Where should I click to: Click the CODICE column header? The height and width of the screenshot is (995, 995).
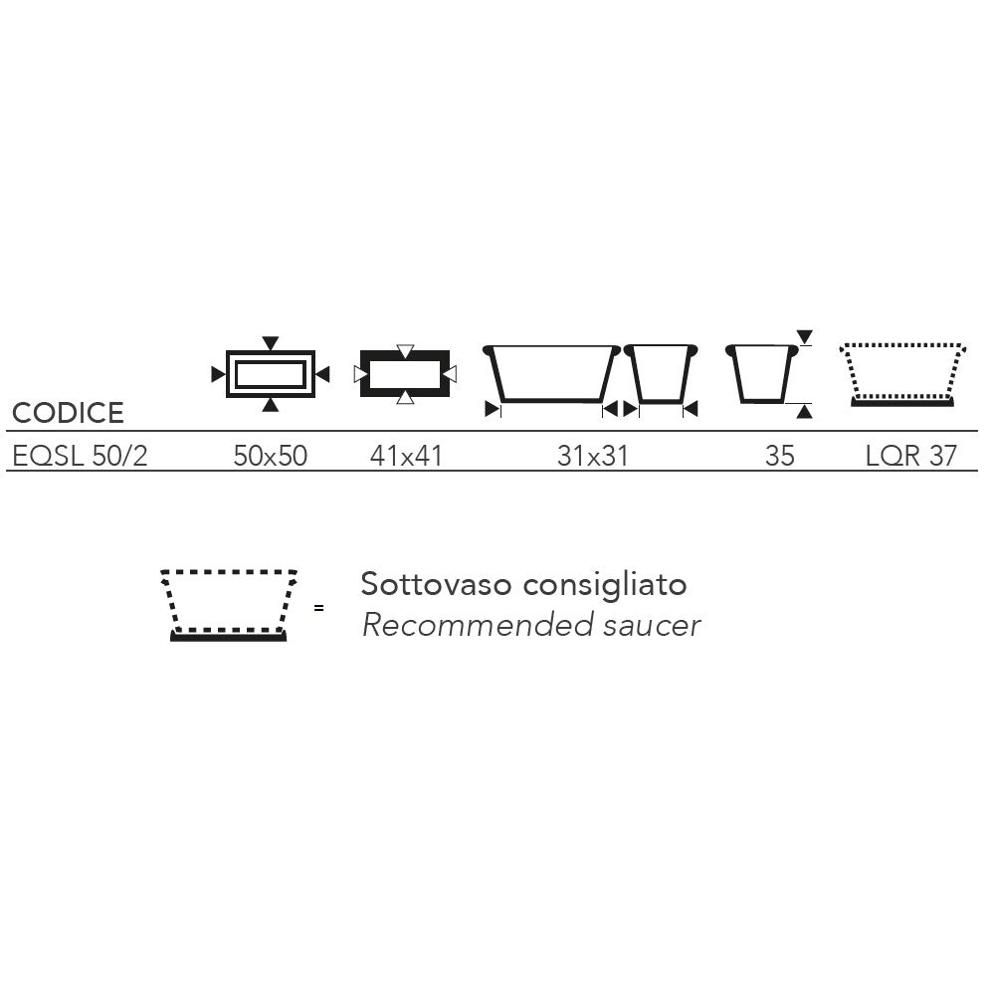[68, 413]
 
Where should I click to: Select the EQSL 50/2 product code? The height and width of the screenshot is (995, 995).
[80, 456]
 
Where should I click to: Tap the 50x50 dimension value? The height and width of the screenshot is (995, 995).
[271, 456]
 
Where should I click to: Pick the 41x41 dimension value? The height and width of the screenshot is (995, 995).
[406, 456]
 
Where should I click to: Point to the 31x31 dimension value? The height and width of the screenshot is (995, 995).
[593, 456]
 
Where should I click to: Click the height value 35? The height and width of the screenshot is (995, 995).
[780, 456]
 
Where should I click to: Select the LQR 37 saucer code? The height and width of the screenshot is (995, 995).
[911, 456]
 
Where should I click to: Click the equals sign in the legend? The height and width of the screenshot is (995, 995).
[318, 608]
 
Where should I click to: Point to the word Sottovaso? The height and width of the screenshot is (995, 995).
[436, 584]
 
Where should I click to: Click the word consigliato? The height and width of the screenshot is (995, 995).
[605, 585]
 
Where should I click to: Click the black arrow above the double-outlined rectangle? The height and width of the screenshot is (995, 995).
[271, 343]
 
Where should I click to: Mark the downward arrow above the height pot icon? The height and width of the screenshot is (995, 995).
[805, 337]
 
